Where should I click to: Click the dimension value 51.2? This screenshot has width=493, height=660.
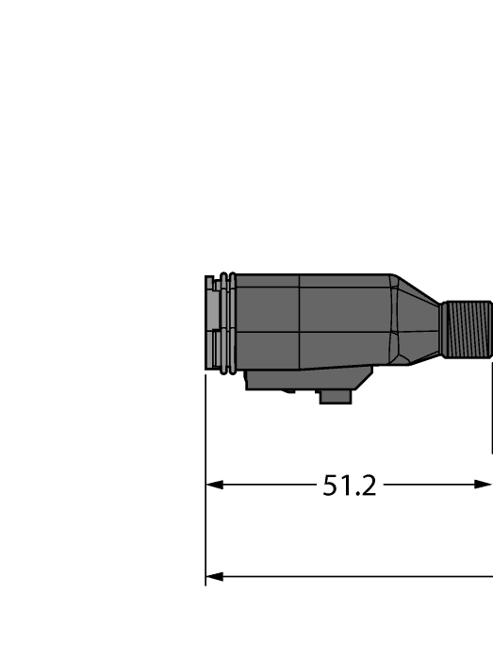(x=350, y=486)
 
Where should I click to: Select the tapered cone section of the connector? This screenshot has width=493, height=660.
(x=416, y=322)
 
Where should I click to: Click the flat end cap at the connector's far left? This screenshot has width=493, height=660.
(x=209, y=324)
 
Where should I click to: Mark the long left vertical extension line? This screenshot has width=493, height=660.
(x=205, y=481)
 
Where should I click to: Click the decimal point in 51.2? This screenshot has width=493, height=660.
(x=356, y=495)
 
